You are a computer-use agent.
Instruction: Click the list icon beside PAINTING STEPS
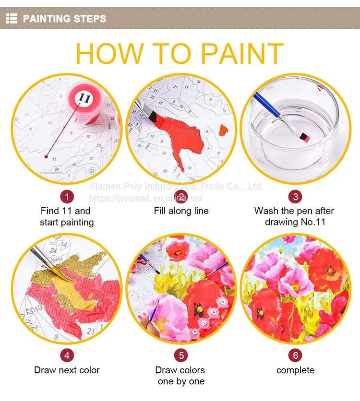coord(12,18)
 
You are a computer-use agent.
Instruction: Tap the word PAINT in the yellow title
coord(242,54)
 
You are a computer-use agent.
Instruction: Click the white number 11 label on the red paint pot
coord(84,98)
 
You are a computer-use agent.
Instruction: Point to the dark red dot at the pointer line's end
coord(46,156)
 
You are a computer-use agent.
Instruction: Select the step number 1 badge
coord(67,197)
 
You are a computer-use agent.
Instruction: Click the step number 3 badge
coord(295,197)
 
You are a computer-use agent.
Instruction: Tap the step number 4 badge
coord(67,355)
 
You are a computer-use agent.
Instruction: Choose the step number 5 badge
coord(181,355)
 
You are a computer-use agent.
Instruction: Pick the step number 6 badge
coord(295,355)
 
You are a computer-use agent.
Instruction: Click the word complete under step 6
coord(295,370)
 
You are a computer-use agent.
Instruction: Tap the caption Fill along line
coord(181,211)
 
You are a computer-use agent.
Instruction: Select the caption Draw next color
coord(67,370)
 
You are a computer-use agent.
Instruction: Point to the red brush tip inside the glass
coord(304,138)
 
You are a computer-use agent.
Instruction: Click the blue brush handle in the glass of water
coord(266,105)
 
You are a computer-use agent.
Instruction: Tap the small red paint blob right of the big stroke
coord(223,130)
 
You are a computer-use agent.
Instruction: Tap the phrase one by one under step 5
coord(181,381)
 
